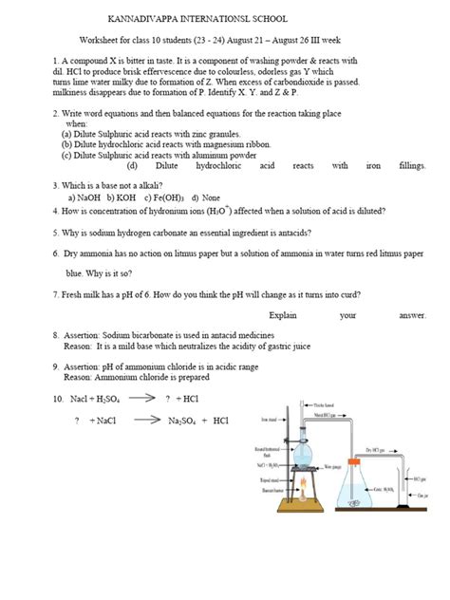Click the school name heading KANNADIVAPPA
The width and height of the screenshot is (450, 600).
[x=172, y=19]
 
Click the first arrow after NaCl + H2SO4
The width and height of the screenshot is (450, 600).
[x=141, y=399]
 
